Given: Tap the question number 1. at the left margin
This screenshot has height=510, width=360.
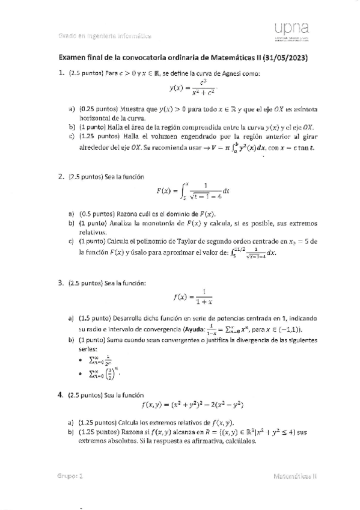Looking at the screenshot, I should click(x=61, y=73).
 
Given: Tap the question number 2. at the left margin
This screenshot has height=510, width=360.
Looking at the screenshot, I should click(x=61, y=177).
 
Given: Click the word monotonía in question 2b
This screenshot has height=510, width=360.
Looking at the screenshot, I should click(x=144, y=223).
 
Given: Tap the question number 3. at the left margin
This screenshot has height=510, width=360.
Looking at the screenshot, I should click(x=61, y=282).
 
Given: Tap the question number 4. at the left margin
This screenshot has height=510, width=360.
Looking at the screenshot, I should click(x=61, y=395).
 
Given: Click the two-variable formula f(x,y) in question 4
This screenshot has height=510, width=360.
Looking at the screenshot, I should click(x=188, y=405).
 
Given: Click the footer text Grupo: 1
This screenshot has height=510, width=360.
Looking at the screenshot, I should click(x=70, y=475).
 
